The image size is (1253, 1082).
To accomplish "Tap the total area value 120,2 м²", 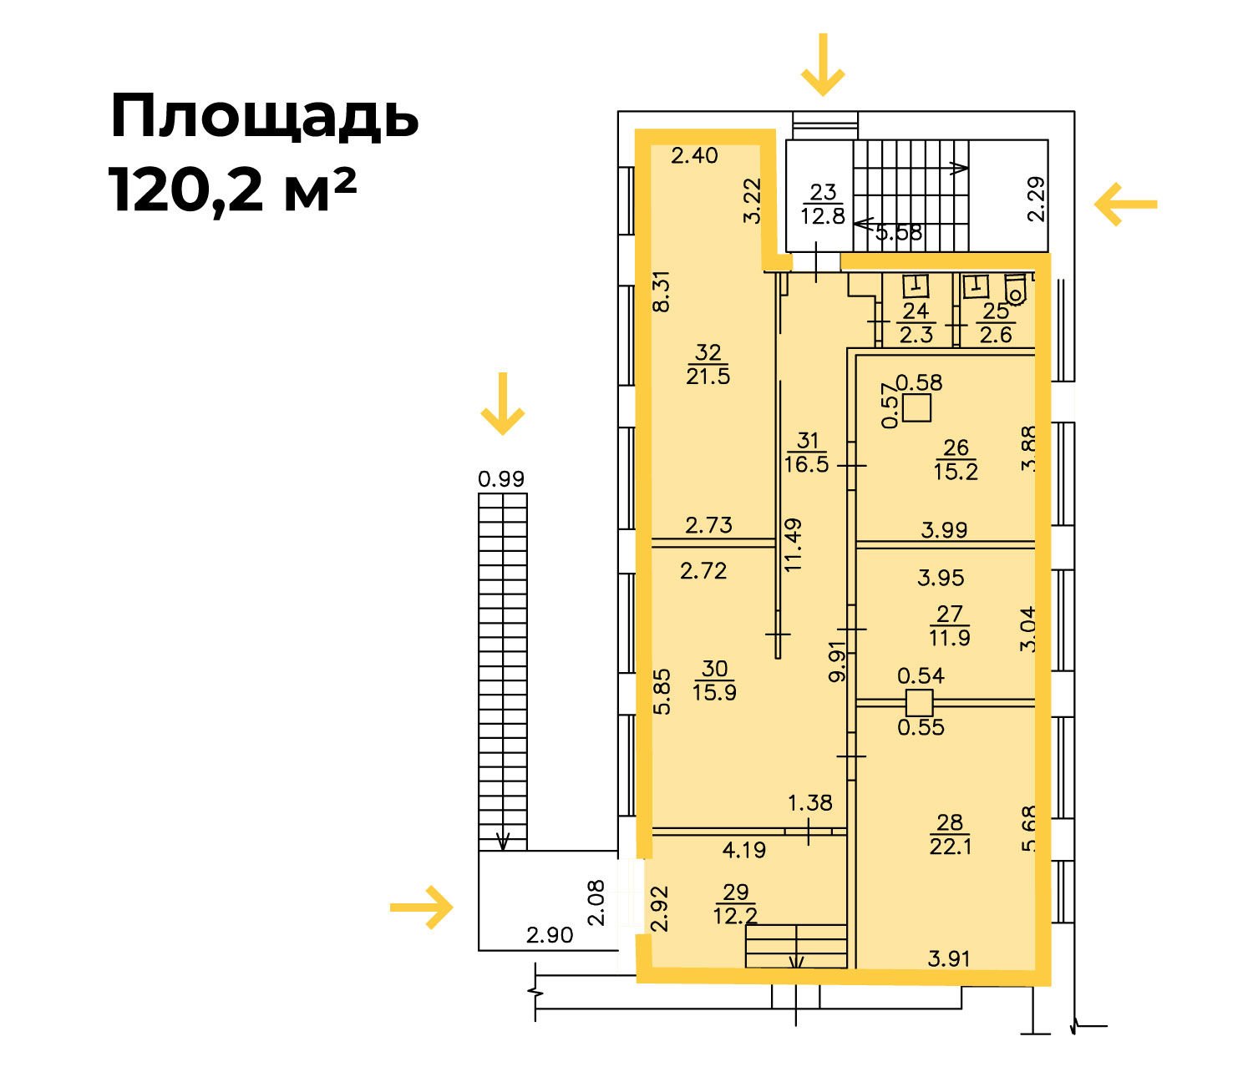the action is (232, 190).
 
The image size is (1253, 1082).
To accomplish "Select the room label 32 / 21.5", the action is (708, 364).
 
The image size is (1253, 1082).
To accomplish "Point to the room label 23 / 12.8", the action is (823, 205).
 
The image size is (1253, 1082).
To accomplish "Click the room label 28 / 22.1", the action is (950, 834).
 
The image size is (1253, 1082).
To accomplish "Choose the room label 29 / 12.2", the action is (735, 904).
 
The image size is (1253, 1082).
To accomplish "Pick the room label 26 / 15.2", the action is (956, 459).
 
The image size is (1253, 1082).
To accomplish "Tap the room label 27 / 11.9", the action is (950, 626).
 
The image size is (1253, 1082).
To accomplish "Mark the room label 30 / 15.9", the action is (714, 680).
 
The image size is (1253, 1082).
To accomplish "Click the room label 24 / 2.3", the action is (916, 322).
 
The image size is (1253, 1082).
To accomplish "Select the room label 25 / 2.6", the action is (996, 322).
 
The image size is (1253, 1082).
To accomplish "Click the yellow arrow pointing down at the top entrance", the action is (823, 65).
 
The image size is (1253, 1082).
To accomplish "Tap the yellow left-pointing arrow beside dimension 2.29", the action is (1126, 205).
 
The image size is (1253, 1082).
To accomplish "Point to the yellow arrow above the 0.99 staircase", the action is (503, 403).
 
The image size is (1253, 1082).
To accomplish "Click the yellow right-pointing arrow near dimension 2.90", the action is (421, 907).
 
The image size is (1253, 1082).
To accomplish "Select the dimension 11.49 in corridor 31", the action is (793, 544).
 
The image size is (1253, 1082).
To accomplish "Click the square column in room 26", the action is (916, 407).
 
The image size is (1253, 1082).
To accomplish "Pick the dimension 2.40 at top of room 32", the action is (695, 155).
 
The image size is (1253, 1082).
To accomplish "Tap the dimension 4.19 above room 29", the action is (743, 850).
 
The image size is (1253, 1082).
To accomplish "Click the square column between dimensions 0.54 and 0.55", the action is (920, 703).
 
